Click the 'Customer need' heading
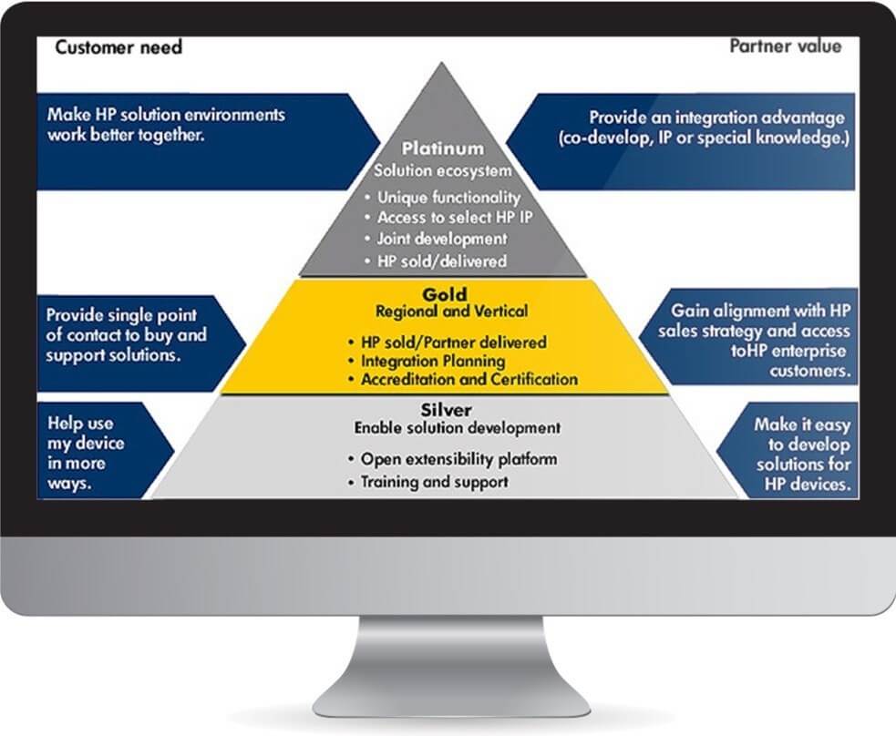coord(118,47)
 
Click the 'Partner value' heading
coord(785,46)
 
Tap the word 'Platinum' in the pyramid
coord(443,148)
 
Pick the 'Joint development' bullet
coord(441,240)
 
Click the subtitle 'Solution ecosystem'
coord(443,170)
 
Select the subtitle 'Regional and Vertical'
coord(451,312)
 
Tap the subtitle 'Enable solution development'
coord(458,427)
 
